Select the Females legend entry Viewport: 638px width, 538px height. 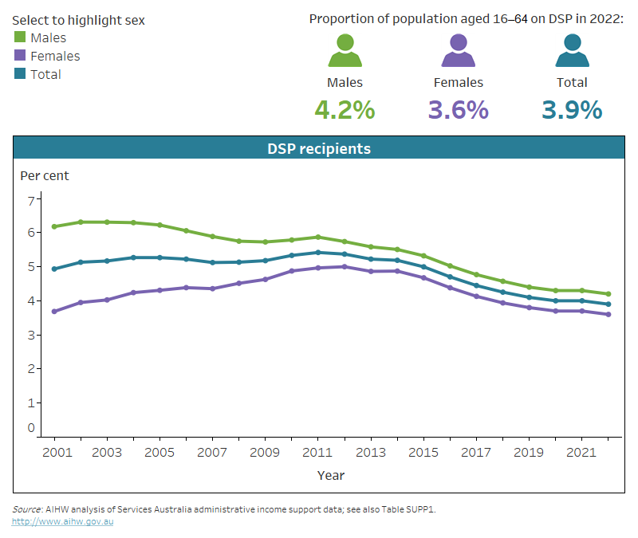pyautogui.click(x=54, y=56)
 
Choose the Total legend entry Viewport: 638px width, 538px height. pyautogui.click(x=45, y=74)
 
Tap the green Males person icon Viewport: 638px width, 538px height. pyautogui.click(x=345, y=51)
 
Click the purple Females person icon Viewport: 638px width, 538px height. pyautogui.click(x=458, y=51)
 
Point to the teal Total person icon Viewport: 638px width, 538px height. pyautogui.click(x=572, y=51)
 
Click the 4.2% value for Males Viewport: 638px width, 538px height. pyautogui.click(x=345, y=110)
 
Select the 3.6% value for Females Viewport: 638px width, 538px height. pyautogui.click(x=458, y=110)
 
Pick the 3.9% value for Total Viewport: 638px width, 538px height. pyautogui.click(x=572, y=110)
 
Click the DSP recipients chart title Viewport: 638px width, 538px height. pyautogui.click(x=318, y=149)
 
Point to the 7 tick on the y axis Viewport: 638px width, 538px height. pyautogui.click(x=32, y=200)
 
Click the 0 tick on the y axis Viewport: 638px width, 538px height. pyautogui.click(x=32, y=428)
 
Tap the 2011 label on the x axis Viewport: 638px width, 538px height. pyautogui.click(x=317, y=451)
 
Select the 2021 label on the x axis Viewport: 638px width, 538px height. pyautogui.click(x=581, y=451)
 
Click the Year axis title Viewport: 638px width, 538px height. pyautogui.click(x=330, y=475)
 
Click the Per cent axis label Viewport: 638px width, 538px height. pyautogui.click(x=45, y=175)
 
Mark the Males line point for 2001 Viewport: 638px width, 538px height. pyautogui.click(x=54, y=226)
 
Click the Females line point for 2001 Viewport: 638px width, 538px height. pyautogui.click(x=54, y=311)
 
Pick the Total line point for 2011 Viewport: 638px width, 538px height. pyautogui.click(x=317, y=253)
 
